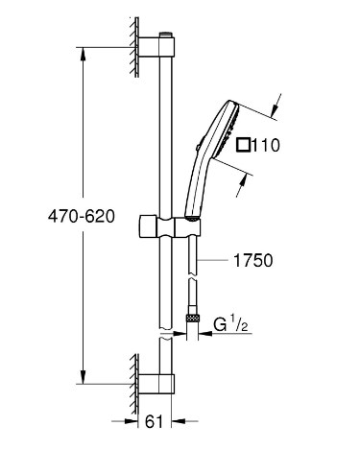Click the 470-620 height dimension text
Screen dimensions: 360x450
point(82,217)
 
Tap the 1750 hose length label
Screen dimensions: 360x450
point(253,260)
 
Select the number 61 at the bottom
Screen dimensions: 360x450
point(154,421)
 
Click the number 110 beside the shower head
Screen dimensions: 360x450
point(266,145)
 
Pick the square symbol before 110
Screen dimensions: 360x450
point(244,145)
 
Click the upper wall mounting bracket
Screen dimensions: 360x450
point(156,47)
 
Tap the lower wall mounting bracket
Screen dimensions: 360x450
point(156,384)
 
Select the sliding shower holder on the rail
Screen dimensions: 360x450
point(170,226)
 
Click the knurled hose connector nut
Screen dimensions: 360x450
point(193,318)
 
